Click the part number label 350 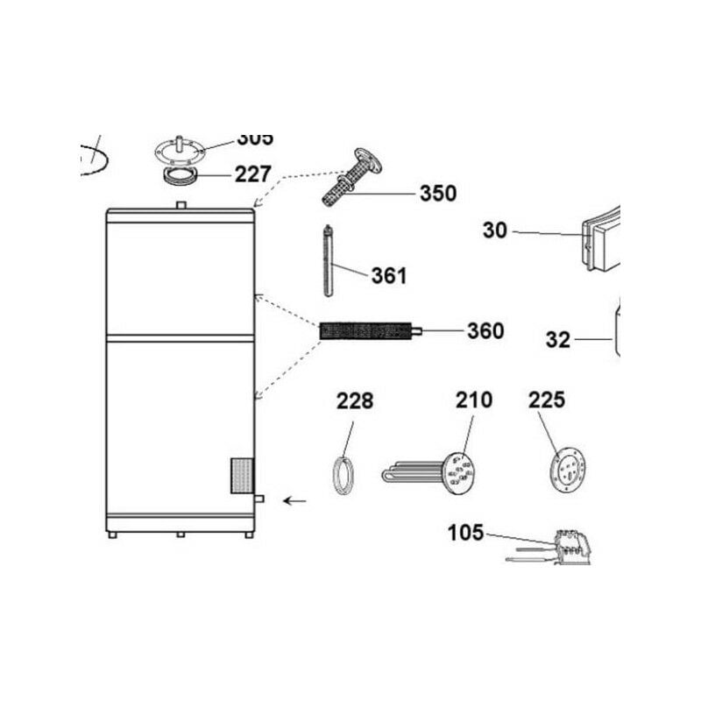(437, 194)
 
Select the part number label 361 (388, 276)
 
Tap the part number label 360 (485, 331)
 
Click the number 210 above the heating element (473, 400)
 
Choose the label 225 (547, 400)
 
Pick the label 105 (465, 532)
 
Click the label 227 (252, 173)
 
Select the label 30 (495, 230)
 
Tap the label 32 (558, 339)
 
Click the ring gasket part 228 (343, 477)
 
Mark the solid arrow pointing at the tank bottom (295, 501)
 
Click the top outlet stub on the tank (181, 205)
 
